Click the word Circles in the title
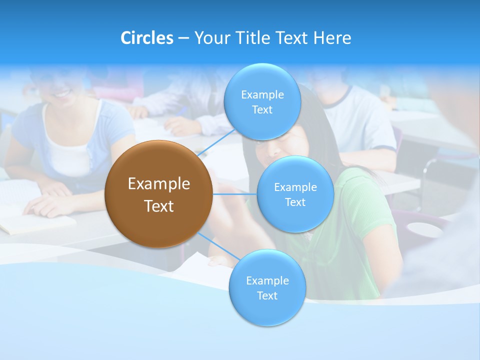(146, 38)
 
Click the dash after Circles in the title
(183, 38)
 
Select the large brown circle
(158, 194)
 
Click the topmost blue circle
(262, 101)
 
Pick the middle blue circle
(295, 194)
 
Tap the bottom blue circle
(267, 287)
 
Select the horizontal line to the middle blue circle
(234, 194)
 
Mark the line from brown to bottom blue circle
(218, 246)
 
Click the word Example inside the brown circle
(159, 184)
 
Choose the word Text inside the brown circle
(159, 206)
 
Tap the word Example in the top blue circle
(262, 94)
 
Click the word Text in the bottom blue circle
(267, 295)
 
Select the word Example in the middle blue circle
(295, 187)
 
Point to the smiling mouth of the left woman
(63, 92)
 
